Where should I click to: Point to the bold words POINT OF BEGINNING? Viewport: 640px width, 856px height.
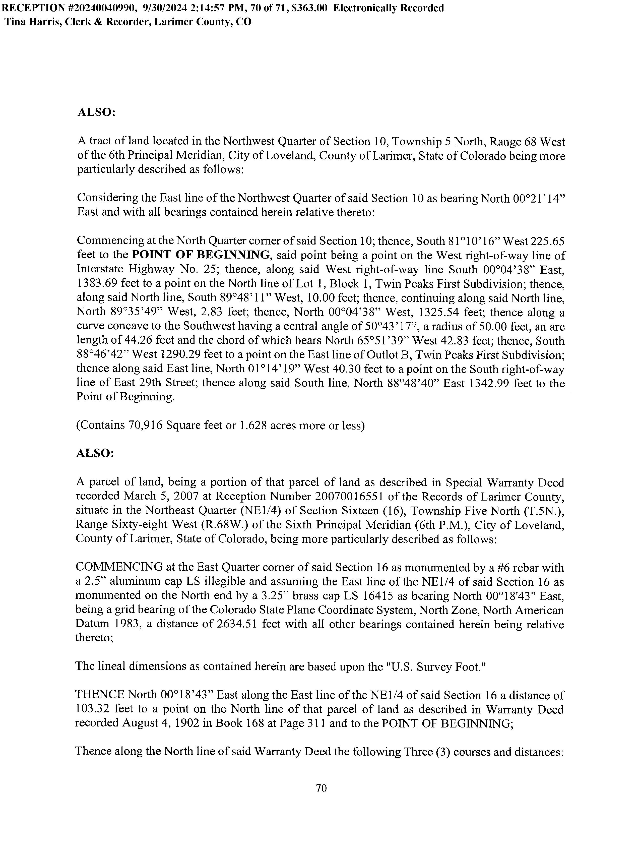point(201,255)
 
